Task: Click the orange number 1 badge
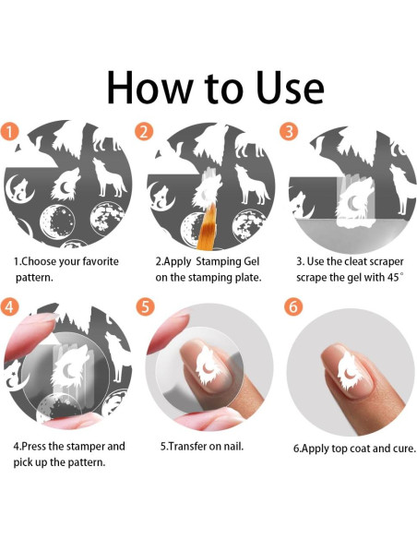(9, 132)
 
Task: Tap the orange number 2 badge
(144, 132)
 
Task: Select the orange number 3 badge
(289, 131)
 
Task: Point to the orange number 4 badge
(9, 305)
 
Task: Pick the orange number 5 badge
(145, 306)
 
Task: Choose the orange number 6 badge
(293, 305)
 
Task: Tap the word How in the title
(149, 88)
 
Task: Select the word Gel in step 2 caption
(252, 261)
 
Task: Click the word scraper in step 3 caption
(385, 262)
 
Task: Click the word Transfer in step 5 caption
(185, 446)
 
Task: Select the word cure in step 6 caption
(405, 449)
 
